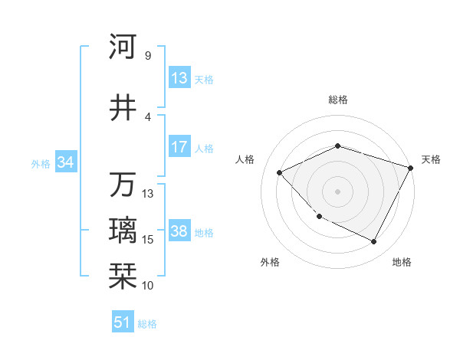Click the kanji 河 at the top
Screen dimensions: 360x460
click(123, 47)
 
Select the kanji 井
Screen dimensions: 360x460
click(123, 108)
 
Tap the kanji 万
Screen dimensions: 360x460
click(123, 185)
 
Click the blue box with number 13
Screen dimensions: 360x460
click(179, 78)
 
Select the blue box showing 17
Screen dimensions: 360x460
click(179, 147)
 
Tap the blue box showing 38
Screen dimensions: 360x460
click(179, 231)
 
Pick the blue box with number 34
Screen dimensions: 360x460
click(65, 162)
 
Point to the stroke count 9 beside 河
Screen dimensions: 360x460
click(147, 55)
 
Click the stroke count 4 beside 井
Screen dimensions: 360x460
click(147, 116)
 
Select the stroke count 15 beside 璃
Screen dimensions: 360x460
click(148, 239)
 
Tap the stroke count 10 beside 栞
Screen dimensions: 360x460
click(148, 285)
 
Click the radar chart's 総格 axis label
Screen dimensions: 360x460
click(338, 100)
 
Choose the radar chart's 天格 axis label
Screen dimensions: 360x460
click(431, 159)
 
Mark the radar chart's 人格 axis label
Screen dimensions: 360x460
click(245, 159)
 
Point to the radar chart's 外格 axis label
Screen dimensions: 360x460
click(270, 262)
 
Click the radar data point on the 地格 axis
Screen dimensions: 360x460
click(374, 242)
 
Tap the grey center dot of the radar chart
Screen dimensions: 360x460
click(338, 191)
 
